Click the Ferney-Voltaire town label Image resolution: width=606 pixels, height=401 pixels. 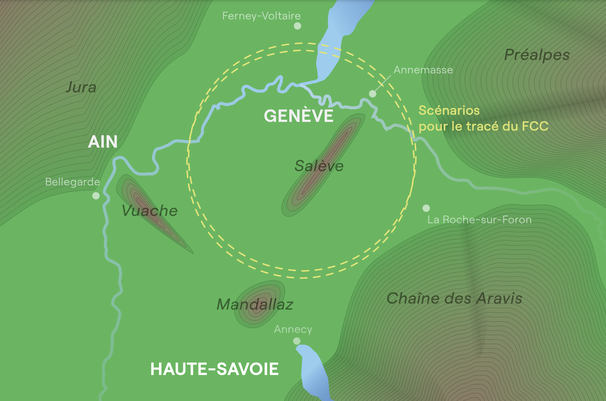(x=261, y=16)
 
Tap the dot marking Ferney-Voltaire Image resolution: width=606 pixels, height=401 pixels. (x=297, y=26)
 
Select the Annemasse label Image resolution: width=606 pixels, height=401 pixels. (x=423, y=70)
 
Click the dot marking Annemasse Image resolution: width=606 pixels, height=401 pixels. (x=372, y=94)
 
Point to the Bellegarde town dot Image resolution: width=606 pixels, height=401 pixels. (x=96, y=196)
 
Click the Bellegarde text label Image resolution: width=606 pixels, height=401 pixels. (x=73, y=182)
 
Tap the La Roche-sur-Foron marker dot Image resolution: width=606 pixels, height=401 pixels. (x=426, y=208)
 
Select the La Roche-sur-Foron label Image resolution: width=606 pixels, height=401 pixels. (x=479, y=220)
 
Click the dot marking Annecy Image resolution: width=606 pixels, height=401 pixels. (x=297, y=341)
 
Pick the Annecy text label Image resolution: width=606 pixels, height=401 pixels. (x=293, y=329)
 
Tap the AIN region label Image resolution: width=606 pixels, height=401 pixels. (x=103, y=142)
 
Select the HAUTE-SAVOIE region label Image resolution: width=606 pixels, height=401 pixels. (x=215, y=369)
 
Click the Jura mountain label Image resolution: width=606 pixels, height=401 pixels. (x=81, y=87)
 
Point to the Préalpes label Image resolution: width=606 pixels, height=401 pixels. (x=537, y=55)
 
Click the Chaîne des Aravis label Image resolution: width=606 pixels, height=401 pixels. (x=454, y=298)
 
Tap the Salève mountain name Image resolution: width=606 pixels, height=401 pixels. (x=319, y=166)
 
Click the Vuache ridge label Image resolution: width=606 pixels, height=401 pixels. (x=150, y=211)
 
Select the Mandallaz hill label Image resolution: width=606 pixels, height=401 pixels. (x=255, y=304)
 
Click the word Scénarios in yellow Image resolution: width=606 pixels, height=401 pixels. (x=449, y=110)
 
